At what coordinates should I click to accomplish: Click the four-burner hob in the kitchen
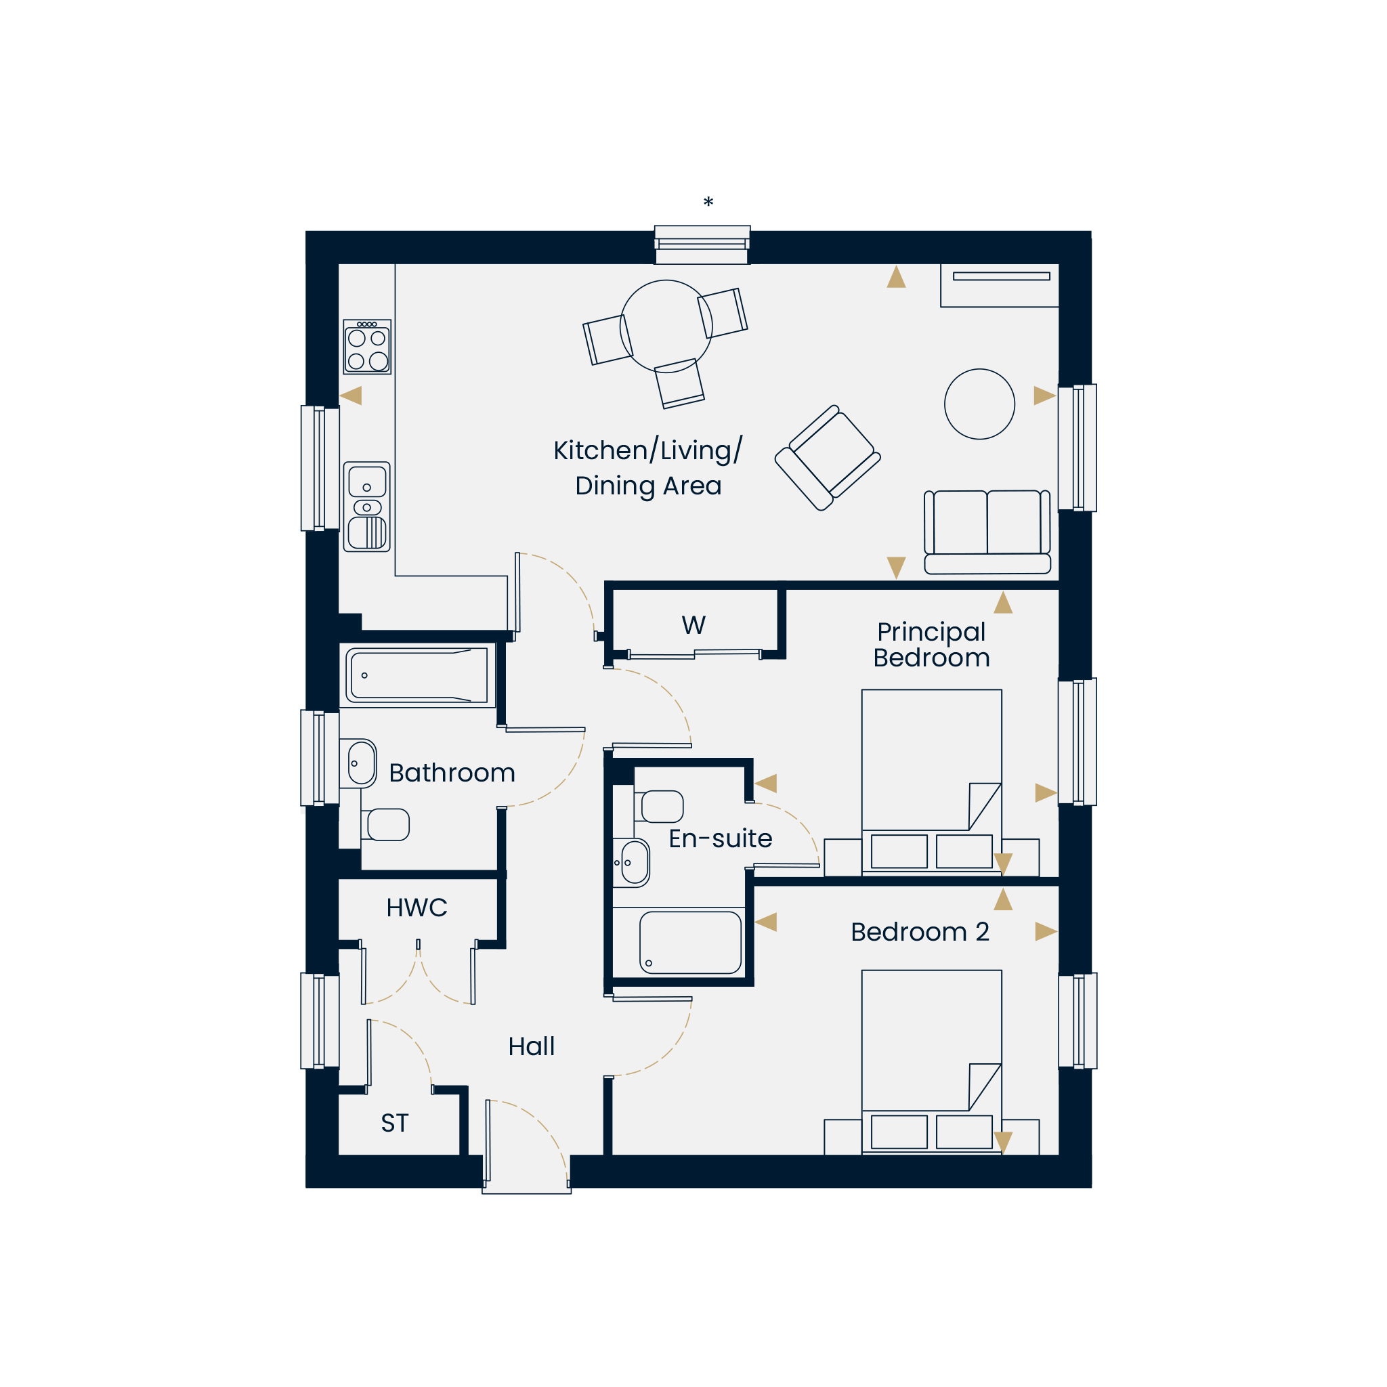tap(367, 347)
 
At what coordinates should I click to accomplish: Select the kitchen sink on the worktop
tap(367, 507)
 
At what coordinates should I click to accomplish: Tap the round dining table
tap(666, 326)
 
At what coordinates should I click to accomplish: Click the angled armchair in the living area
tap(828, 458)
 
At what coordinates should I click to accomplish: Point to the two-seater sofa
tap(987, 532)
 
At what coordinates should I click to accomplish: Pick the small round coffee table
tap(979, 404)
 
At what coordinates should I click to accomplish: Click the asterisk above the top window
tap(708, 202)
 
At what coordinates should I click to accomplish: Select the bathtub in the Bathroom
tap(417, 675)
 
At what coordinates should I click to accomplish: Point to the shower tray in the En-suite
tap(690, 943)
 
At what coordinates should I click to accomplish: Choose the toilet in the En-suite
tap(658, 806)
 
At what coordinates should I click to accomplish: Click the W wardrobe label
tap(693, 625)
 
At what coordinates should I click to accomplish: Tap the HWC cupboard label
tap(417, 908)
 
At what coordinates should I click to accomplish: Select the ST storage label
tap(395, 1123)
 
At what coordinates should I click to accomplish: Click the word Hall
tap(531, 1046)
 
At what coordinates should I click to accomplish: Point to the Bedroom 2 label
tap(920, 932)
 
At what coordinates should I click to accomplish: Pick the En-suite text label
tap(720, 838)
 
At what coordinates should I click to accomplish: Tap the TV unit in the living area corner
tap(1000, 286)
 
